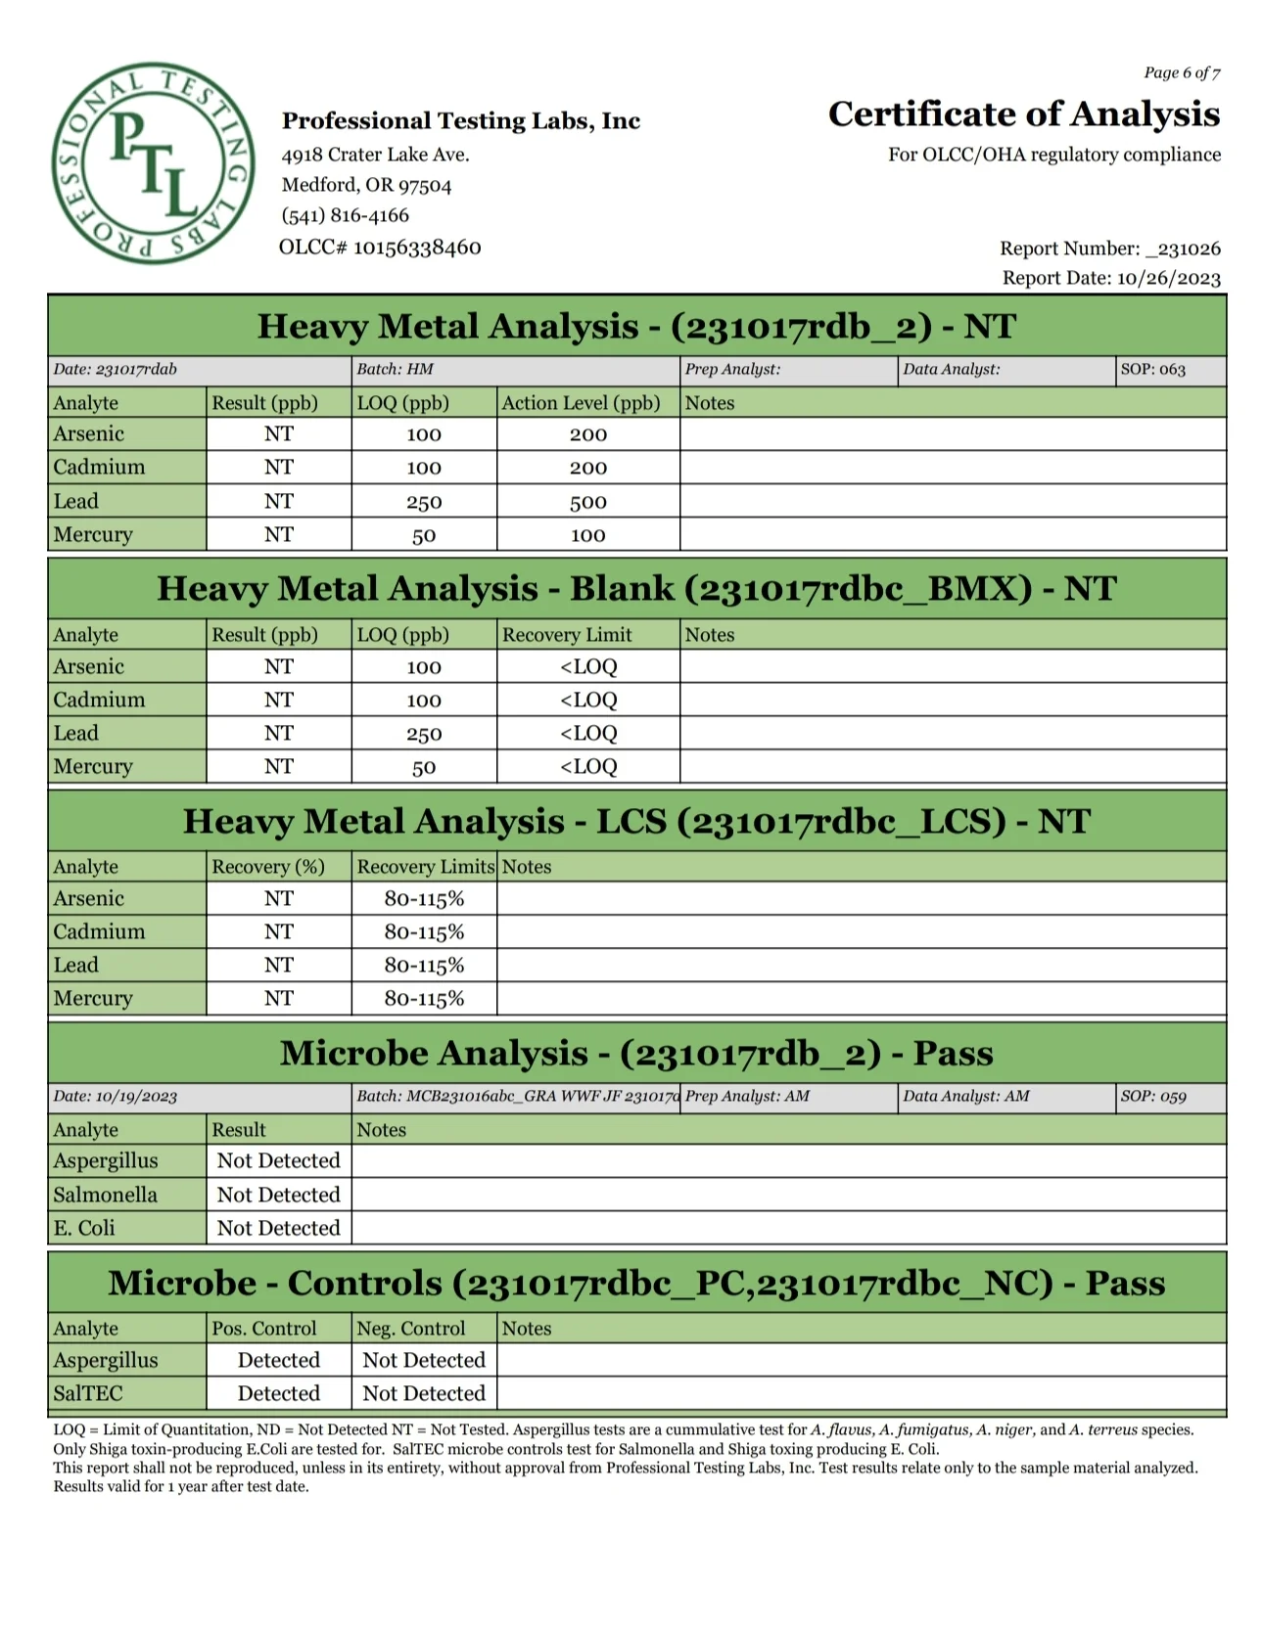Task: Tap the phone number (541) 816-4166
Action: pyautogui.click(x=345, y=215)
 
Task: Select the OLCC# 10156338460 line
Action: pyautogui.click(x=380, y=247)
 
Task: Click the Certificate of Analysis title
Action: pyautogui.click(x=1023, y=114)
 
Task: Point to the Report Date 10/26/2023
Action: pyautogui.click(x=1111, y=278)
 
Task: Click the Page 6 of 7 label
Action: pyautogui.click(x=1181, y=73)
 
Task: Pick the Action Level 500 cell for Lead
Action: pyautogui.click(x=587, y=502)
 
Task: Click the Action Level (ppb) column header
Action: pyautogui.click(x=581, y=403)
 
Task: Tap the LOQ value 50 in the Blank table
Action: pyautogui.click(x=423, y=767)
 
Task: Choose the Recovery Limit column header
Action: pyautogui.click(x=567, y=635)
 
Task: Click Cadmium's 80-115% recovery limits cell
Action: pyautogui.click(x=423, y=932)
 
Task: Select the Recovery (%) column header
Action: pyautogui.click(x=267, y=867)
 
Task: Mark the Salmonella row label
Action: pyautogui.click(x=105, y=1195)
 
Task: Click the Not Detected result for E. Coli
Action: pyautogui.click(x=278, y=1228)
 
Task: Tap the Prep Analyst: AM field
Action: pyautogui.click(x=747, y=1097)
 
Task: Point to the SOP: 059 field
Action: pyautogui.click(x=1152, y=1097)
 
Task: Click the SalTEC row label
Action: pyautogui.click(x=88, y=1393)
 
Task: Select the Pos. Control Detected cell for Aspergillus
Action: pyautogui.click(x=278, y=1360)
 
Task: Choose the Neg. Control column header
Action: pyautogui.click(x=410, y=1329)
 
